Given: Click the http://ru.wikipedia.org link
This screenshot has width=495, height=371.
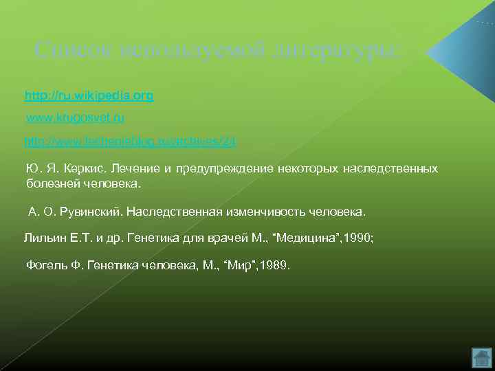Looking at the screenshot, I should [x=89, y=95].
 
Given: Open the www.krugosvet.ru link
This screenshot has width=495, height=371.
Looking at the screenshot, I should [x=75, y=118].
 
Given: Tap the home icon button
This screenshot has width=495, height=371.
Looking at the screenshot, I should [x=482, y=357].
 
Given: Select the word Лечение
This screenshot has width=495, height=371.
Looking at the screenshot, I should [x=134, y=168].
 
